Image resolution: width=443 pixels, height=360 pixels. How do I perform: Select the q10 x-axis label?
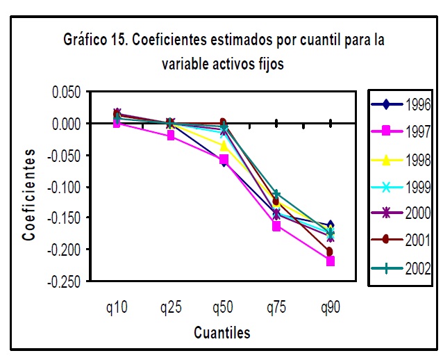[x=116, y=306]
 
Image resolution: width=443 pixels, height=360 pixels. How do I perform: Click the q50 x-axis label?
[x=222, y=306]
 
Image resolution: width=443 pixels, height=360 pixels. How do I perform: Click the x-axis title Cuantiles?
[x=221, y=332]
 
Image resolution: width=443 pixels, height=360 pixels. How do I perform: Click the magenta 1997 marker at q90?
[x=330, y=261]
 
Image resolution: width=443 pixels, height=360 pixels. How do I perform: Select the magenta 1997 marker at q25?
[x=170, y=136]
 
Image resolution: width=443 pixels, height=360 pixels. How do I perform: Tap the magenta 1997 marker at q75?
[x=276, y=226]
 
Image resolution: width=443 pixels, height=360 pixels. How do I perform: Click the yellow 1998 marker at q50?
[x=224, y=146]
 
